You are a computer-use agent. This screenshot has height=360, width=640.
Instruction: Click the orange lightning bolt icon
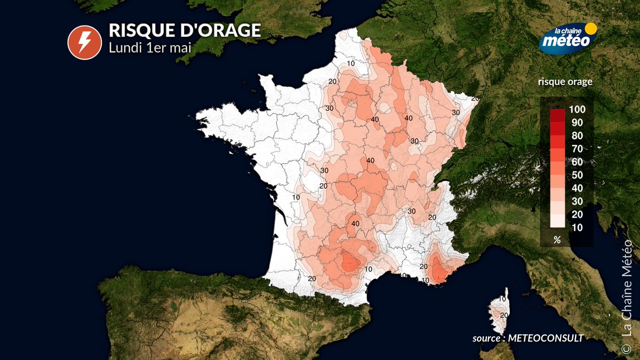coord(82,43)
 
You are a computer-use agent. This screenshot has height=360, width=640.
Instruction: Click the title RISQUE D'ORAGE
coord(185,30)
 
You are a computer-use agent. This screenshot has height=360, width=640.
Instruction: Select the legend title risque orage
coord(565,82)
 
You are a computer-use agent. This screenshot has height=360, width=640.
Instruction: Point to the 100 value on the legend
coord(577,109)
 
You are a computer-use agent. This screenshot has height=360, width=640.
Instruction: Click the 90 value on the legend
coord(576,123)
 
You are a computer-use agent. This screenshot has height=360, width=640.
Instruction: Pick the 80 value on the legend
coord(576,135)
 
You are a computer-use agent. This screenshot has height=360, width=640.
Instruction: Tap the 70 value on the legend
coord(576,149)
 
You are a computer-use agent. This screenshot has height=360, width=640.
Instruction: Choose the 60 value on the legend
coord(576,162)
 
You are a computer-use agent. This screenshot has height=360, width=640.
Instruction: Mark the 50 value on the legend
coord(576,175)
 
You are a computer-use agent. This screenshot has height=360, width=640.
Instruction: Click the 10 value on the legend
coord(576,228)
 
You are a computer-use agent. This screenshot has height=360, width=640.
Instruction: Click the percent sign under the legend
coord(557,240)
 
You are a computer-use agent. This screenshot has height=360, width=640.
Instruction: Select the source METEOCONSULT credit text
coord(527,338)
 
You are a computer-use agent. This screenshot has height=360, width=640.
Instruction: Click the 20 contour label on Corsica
coord(503,315)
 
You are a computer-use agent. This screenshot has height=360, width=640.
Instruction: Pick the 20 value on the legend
coord(576,214)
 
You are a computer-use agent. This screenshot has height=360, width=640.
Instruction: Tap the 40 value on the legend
coord(576,188)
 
